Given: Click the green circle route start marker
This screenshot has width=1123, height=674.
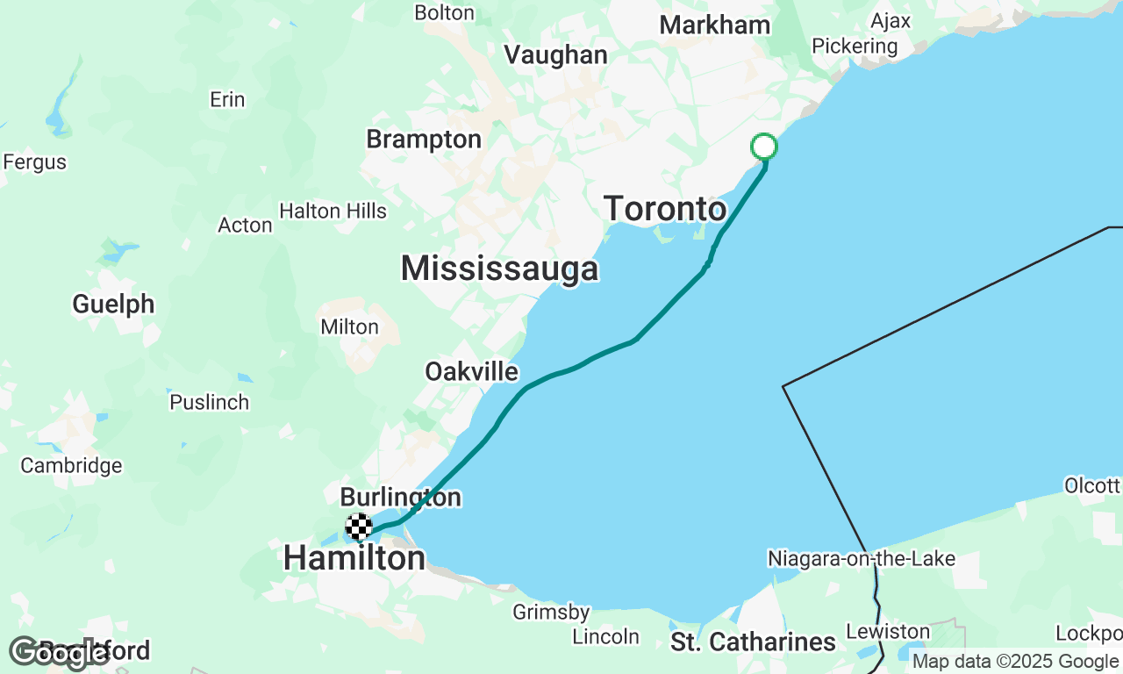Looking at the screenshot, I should (x=764, y=147).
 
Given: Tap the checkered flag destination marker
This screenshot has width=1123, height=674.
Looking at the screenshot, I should (x=359, y=527).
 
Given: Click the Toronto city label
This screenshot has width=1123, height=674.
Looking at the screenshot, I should (x=665, y=210).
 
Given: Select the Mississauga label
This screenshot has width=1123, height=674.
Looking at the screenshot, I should (x=499, y=269).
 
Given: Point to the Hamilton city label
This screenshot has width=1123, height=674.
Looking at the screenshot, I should (x=354, y=558).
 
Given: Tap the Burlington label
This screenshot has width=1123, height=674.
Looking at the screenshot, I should (x=400, y=498).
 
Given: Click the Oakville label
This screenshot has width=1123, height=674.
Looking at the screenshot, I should (x=471, y=372).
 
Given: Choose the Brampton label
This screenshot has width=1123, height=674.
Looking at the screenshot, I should (x=424, y=140).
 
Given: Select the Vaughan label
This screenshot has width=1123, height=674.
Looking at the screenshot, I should (x=555, y=55).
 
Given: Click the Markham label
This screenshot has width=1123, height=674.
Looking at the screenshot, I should (x=715, y=25).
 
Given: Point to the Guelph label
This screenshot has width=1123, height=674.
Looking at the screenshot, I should (x=113, y=305).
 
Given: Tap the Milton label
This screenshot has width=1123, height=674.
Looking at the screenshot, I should (x=349, y=327).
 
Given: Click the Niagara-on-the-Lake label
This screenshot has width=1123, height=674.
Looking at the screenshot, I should (x=861, y=559).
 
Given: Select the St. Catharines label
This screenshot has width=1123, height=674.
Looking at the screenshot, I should (x=753, y=642).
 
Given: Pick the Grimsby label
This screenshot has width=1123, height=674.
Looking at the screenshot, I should (x=552, y=613).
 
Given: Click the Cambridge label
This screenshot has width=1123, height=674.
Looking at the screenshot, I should (x=71, y=465).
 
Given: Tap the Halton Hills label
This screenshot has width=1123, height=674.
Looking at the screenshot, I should (x=333, y=212).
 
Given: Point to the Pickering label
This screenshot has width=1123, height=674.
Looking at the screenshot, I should (x=855, y=47).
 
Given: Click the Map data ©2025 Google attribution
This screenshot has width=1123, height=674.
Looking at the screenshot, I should (x=1015, y=662).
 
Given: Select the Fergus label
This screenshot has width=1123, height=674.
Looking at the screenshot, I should (x=34, y=162).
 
